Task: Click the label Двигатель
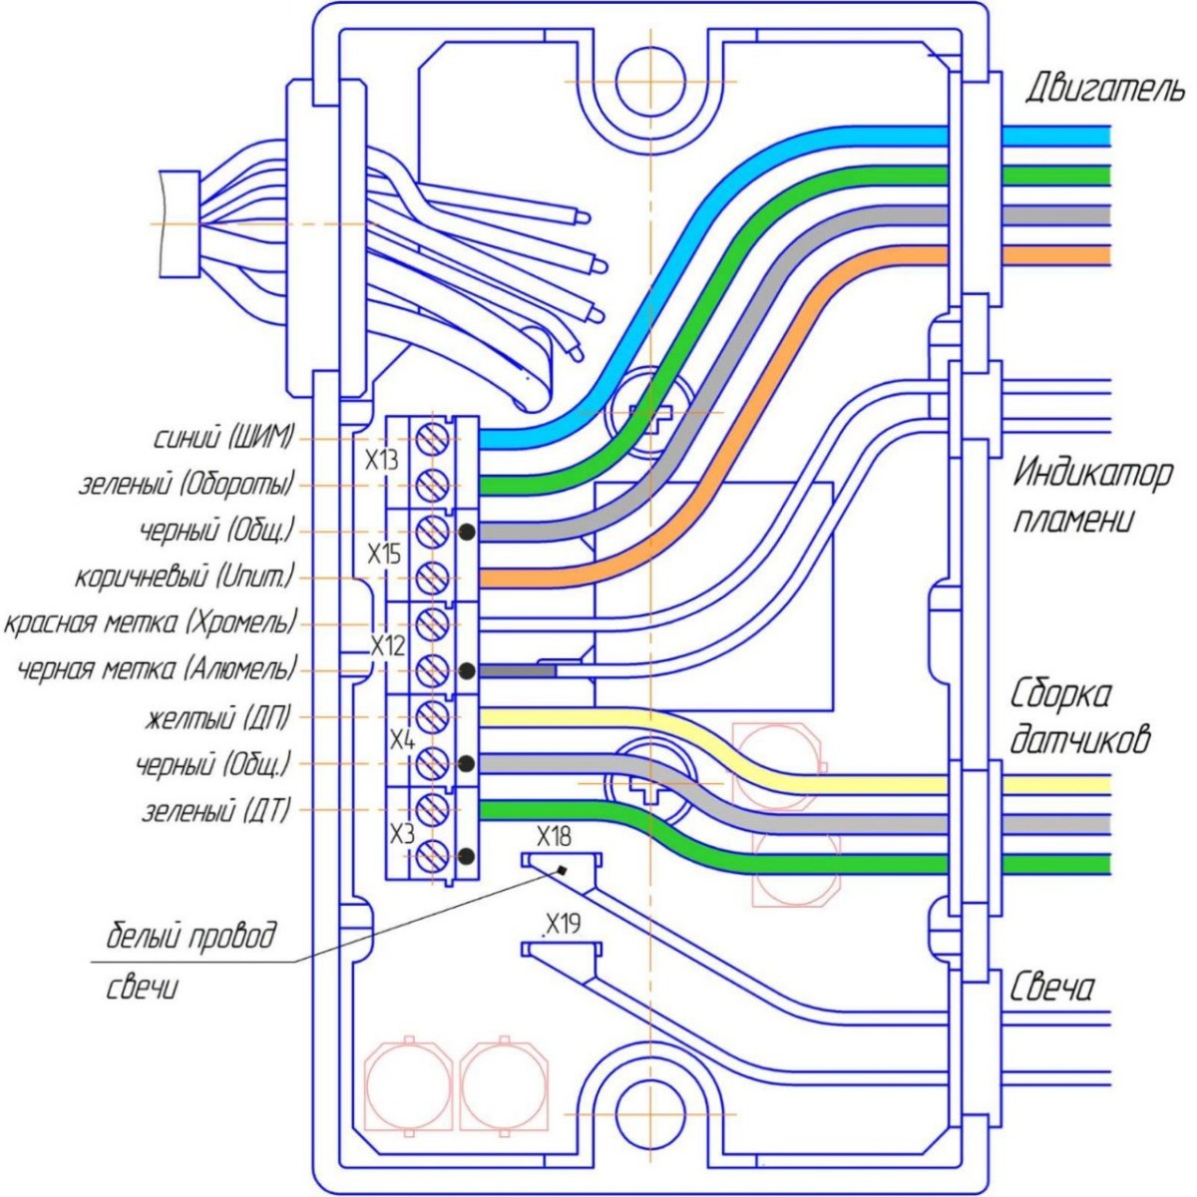pyautogui.click(x=1105, y=89)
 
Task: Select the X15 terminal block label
pyautogui.click(x=384, y=554)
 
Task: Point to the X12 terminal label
pyautogui.click(x=388, y=645)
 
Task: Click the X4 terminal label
pyautogui.click(x=401, y=740)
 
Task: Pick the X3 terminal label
pyautogui.click(x=401, y=834)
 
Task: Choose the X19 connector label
pyautogui.click(x=563, y=924)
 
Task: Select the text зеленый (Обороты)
pyautogui.click(x=187, y=485)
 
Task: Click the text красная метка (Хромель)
pyautogui.click(x=151, y=623)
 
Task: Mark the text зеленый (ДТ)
pyautogui.click(x=215, y=810)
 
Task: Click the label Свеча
pyautogui.click(x=1052, y=988)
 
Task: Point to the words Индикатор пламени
pyautogui.click(x=1091, y=496)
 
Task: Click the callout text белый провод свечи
pyautogui.click(x=190, y=962)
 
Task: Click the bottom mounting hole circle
pyautogui.click(x=649, y=1114)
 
